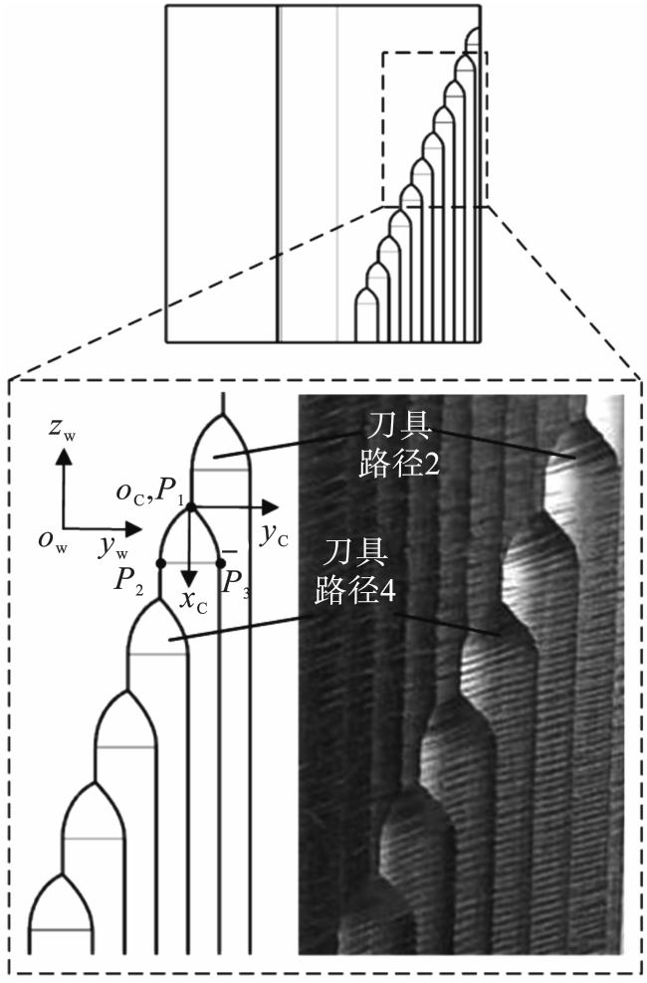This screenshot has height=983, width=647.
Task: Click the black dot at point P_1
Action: click(189, 506)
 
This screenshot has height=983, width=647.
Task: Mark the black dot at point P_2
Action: click(160, 563)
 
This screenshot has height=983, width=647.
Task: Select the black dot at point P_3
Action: click(220, 563)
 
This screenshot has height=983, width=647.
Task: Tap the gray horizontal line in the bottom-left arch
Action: click(61, 930)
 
